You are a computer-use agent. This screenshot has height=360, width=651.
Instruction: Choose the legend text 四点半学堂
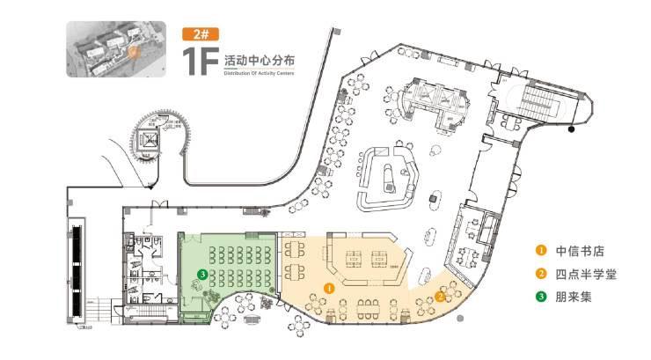click(586, 274)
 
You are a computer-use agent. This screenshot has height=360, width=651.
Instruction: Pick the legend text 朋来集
click(575, 297)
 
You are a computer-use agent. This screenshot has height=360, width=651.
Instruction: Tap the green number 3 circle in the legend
click(542, 297)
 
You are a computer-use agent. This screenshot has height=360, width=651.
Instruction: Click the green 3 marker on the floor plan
click(203, 274)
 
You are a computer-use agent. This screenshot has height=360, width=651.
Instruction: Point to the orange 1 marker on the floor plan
click(329, 287)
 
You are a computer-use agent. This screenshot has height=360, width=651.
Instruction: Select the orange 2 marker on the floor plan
click(439, 296)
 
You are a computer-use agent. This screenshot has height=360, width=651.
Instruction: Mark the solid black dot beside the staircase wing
click(572, 130)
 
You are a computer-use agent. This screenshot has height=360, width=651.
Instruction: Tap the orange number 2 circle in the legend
click(542, 274)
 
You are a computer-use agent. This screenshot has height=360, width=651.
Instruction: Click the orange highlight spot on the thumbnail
click(133, 51)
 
